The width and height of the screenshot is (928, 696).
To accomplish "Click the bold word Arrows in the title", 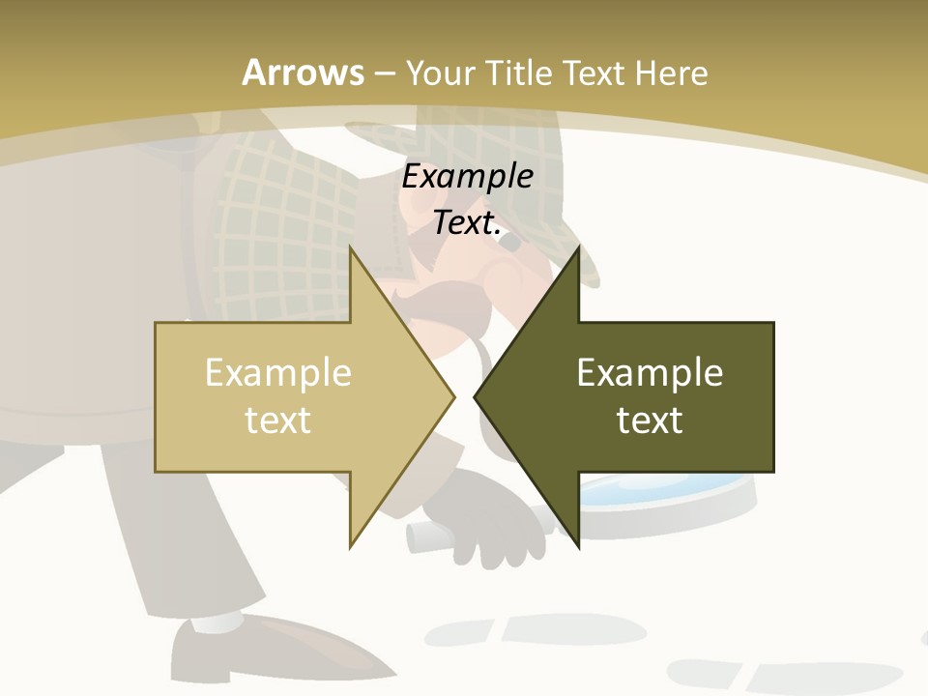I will point(303,72).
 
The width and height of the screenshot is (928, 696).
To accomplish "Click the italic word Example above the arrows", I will point(468,177).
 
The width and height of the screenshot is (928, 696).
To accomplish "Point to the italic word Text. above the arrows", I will point(468,223).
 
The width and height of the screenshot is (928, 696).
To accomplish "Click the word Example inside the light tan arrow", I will point(278,373).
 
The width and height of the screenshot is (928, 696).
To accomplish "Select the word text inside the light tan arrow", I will point(278,420).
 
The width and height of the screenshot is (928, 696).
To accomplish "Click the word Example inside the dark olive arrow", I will point(650,373).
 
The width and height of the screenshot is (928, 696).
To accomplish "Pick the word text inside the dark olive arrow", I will point(650,420).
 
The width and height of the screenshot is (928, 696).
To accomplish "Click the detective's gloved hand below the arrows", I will point(503,527).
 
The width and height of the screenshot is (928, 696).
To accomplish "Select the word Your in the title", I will point(442,72).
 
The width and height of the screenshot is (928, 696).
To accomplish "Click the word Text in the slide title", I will point(594,72).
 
